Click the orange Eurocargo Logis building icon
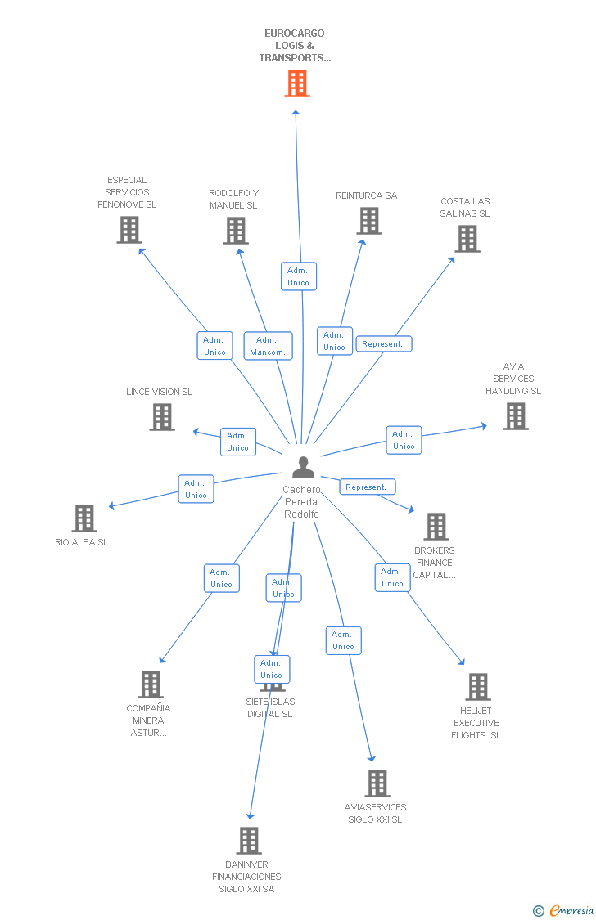click(297, 83)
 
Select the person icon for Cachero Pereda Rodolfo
click(303, 468)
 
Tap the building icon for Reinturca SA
click(369, 221)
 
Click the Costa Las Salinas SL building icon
click(467, 239)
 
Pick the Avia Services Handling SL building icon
click(515, 416)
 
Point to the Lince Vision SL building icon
click(162, 417)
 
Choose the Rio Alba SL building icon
click(84, 518)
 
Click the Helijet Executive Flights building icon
click(477, 687)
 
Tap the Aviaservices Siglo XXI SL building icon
click(377, 783)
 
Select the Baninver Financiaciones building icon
click(249, 841)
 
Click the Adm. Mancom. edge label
click(268, 346)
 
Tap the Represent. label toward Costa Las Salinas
click(383, 344)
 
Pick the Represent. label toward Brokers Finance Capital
click(367, 487)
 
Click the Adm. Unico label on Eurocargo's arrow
click(298, 276)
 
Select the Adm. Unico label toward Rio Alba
click(196, 489)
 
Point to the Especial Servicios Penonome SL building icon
click(129, 230)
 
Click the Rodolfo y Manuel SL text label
click(233, 200)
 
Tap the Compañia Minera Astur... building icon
click(151, 684)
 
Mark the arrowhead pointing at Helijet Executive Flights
click(463, 663)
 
